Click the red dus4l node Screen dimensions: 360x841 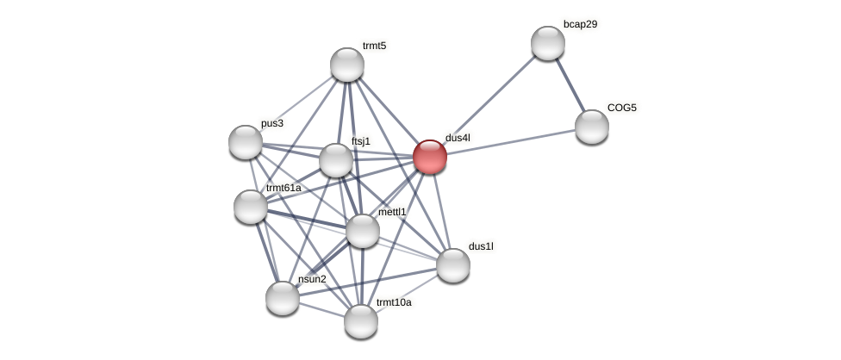point(430,157)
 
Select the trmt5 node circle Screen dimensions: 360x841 point(347,65)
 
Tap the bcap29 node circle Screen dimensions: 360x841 point(548,43)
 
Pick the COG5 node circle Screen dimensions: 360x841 point(592,127)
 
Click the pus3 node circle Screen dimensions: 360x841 point(246,142)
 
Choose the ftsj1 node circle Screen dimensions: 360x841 point(336,160)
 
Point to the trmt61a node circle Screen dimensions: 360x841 point(251,207)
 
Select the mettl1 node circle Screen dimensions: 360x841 point(363,231)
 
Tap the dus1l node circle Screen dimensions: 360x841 point(453,265)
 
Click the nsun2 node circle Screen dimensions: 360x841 point(283,298)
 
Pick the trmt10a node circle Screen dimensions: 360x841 point(361,321)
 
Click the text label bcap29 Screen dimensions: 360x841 point(580,24)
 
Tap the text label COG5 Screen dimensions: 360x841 point(622,108)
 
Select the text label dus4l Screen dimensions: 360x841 point(458,138)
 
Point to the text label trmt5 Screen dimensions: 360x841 point(374,46)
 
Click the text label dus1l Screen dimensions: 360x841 point(481,246)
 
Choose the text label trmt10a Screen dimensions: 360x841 point(394,302)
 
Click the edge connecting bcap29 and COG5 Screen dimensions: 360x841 point(570,85)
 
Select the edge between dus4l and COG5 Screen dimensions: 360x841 point(511,142)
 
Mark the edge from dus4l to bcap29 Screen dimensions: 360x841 point(489,100)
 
